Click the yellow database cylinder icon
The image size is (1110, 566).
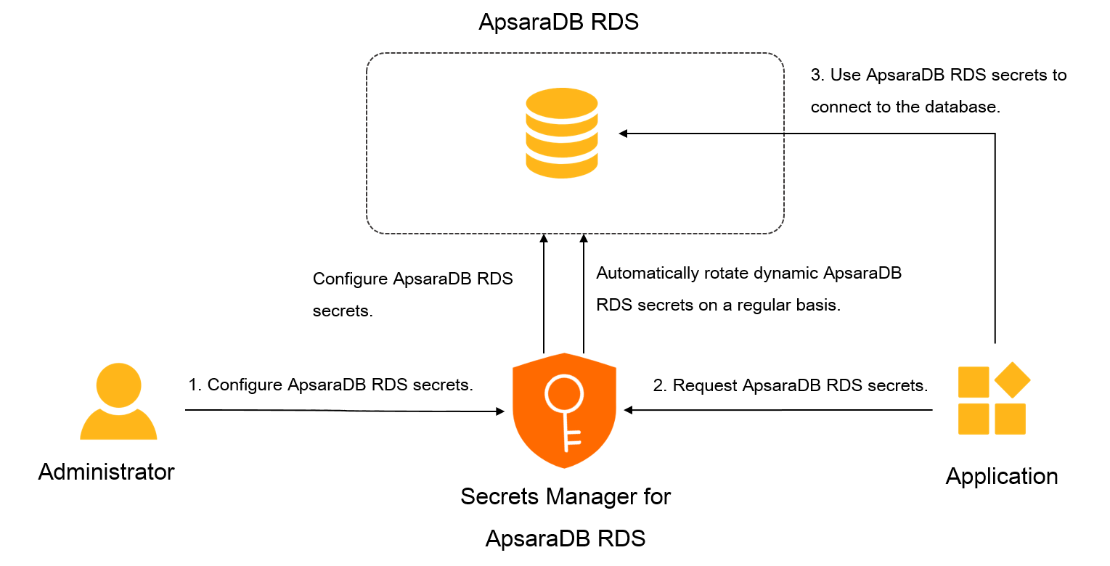562,133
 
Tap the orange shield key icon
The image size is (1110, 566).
564,410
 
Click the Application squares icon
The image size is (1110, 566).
993,399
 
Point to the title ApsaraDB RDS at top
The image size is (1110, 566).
558,22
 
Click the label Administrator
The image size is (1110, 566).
106,472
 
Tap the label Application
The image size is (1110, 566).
1001,477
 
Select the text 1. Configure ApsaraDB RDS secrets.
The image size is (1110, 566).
330,385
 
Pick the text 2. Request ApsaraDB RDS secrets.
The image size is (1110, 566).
791,386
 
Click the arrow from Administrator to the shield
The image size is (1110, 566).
341,411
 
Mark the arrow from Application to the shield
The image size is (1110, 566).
777,411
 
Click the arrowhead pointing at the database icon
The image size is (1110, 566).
623,134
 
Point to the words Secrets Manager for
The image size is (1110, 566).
566,497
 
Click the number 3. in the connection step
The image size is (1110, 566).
817,75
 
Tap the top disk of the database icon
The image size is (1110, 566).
562,102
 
